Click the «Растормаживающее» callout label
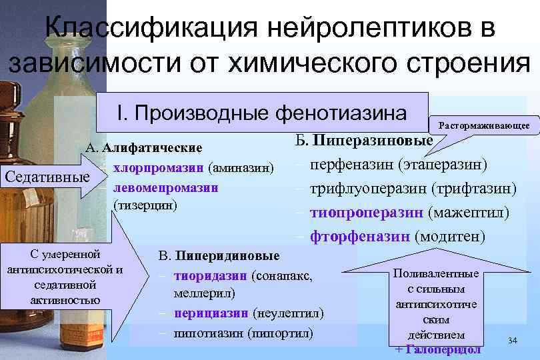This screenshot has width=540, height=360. pos(483,125)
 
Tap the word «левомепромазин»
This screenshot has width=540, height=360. pos(166,187)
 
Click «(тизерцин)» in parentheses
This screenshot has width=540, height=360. pos(145,205)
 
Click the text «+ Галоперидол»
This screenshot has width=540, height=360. pos(437,349)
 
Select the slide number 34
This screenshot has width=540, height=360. pos(512,341)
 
